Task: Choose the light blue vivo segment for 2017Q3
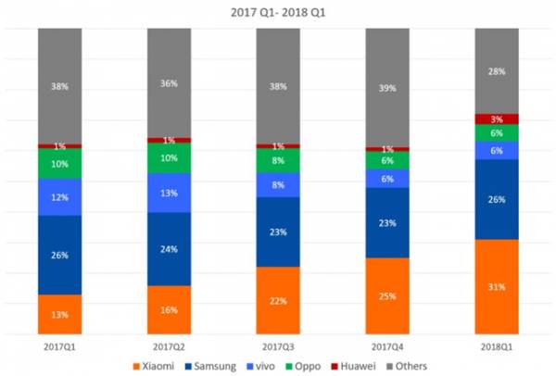click(278, 184)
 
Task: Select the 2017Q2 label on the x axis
click(169, 345)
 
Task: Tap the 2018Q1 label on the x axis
click(496, 345)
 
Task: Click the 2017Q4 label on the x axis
click(387, 345)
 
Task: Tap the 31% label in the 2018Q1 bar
click(496, 287)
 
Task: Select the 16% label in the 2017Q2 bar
click(169, 310)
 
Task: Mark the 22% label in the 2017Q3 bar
click(278, 301)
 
